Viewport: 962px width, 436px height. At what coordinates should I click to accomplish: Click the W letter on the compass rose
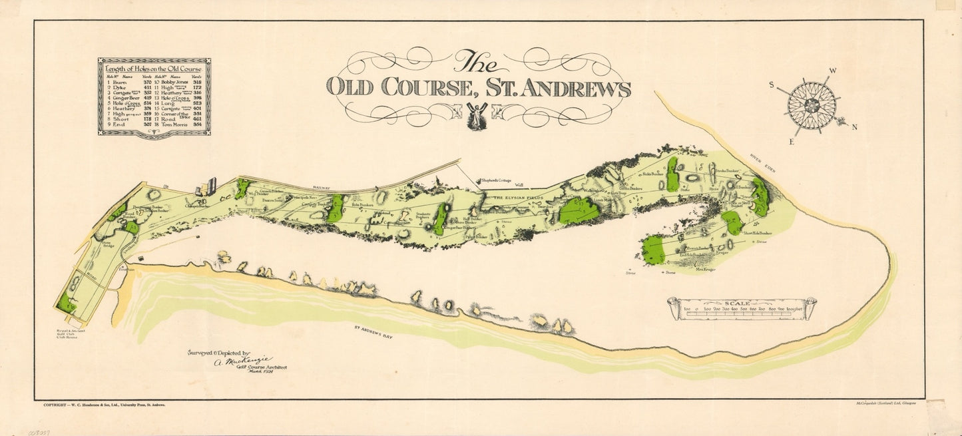[x=832, y=70]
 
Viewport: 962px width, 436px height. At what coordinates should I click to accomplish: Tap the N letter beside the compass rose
[x=855, y=127]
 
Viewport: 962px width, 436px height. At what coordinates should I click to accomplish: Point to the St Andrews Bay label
[x=373, y=332]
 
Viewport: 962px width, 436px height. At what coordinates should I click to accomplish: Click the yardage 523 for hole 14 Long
[x=196, y=104]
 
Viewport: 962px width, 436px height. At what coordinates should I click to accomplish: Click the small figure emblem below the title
[x=477, y=116]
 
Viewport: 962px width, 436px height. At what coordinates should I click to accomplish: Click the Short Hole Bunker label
[x=757, y=234]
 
